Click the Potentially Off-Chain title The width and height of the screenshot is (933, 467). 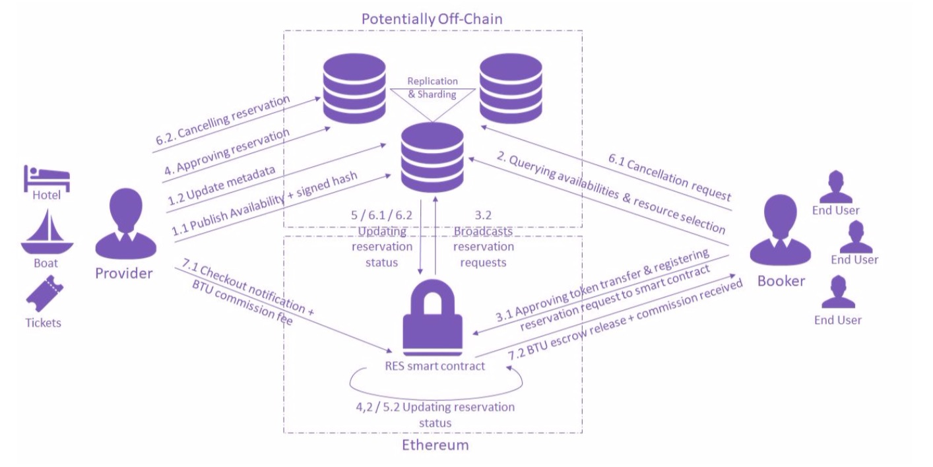click(432, 18)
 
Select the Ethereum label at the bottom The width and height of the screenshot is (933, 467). click(435, 445)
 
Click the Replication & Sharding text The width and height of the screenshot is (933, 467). click(432, 88)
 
